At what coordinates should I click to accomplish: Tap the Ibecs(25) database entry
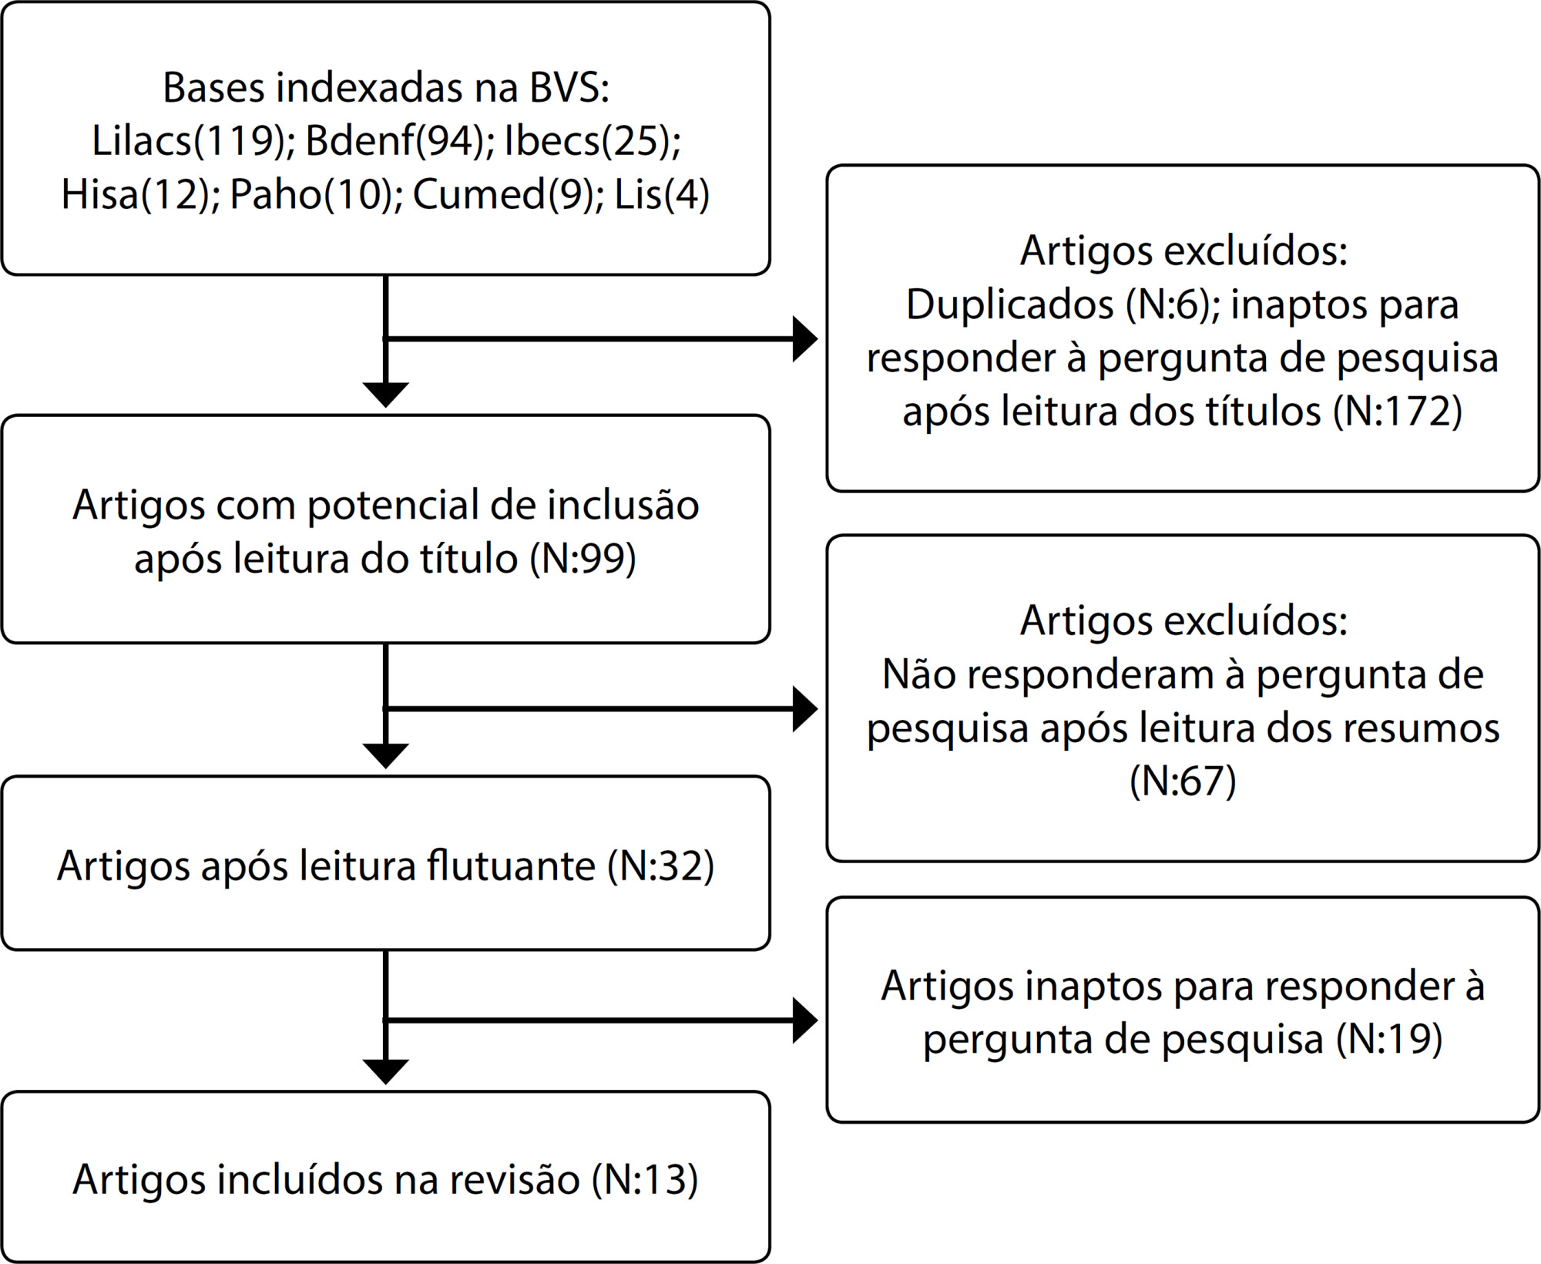591,140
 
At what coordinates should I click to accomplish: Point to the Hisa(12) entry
136,194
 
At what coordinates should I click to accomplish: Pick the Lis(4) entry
662,194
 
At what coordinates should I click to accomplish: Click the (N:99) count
582,558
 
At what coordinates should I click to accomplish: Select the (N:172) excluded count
1398,411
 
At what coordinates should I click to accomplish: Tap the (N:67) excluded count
1183,781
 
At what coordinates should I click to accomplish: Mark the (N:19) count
1389,1039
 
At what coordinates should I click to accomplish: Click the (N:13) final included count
645,1179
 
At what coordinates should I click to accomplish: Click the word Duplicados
1010,304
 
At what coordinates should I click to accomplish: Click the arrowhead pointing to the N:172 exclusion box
805,339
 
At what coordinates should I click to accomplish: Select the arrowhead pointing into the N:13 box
385,1072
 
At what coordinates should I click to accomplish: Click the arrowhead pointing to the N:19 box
805,1020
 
